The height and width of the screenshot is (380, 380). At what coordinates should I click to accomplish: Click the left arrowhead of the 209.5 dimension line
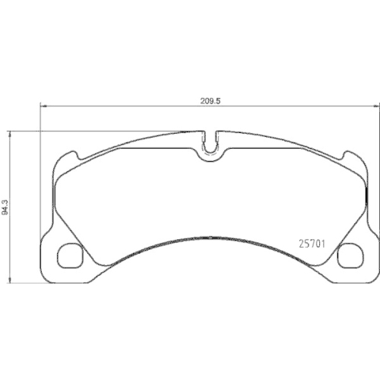point(42,106)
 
